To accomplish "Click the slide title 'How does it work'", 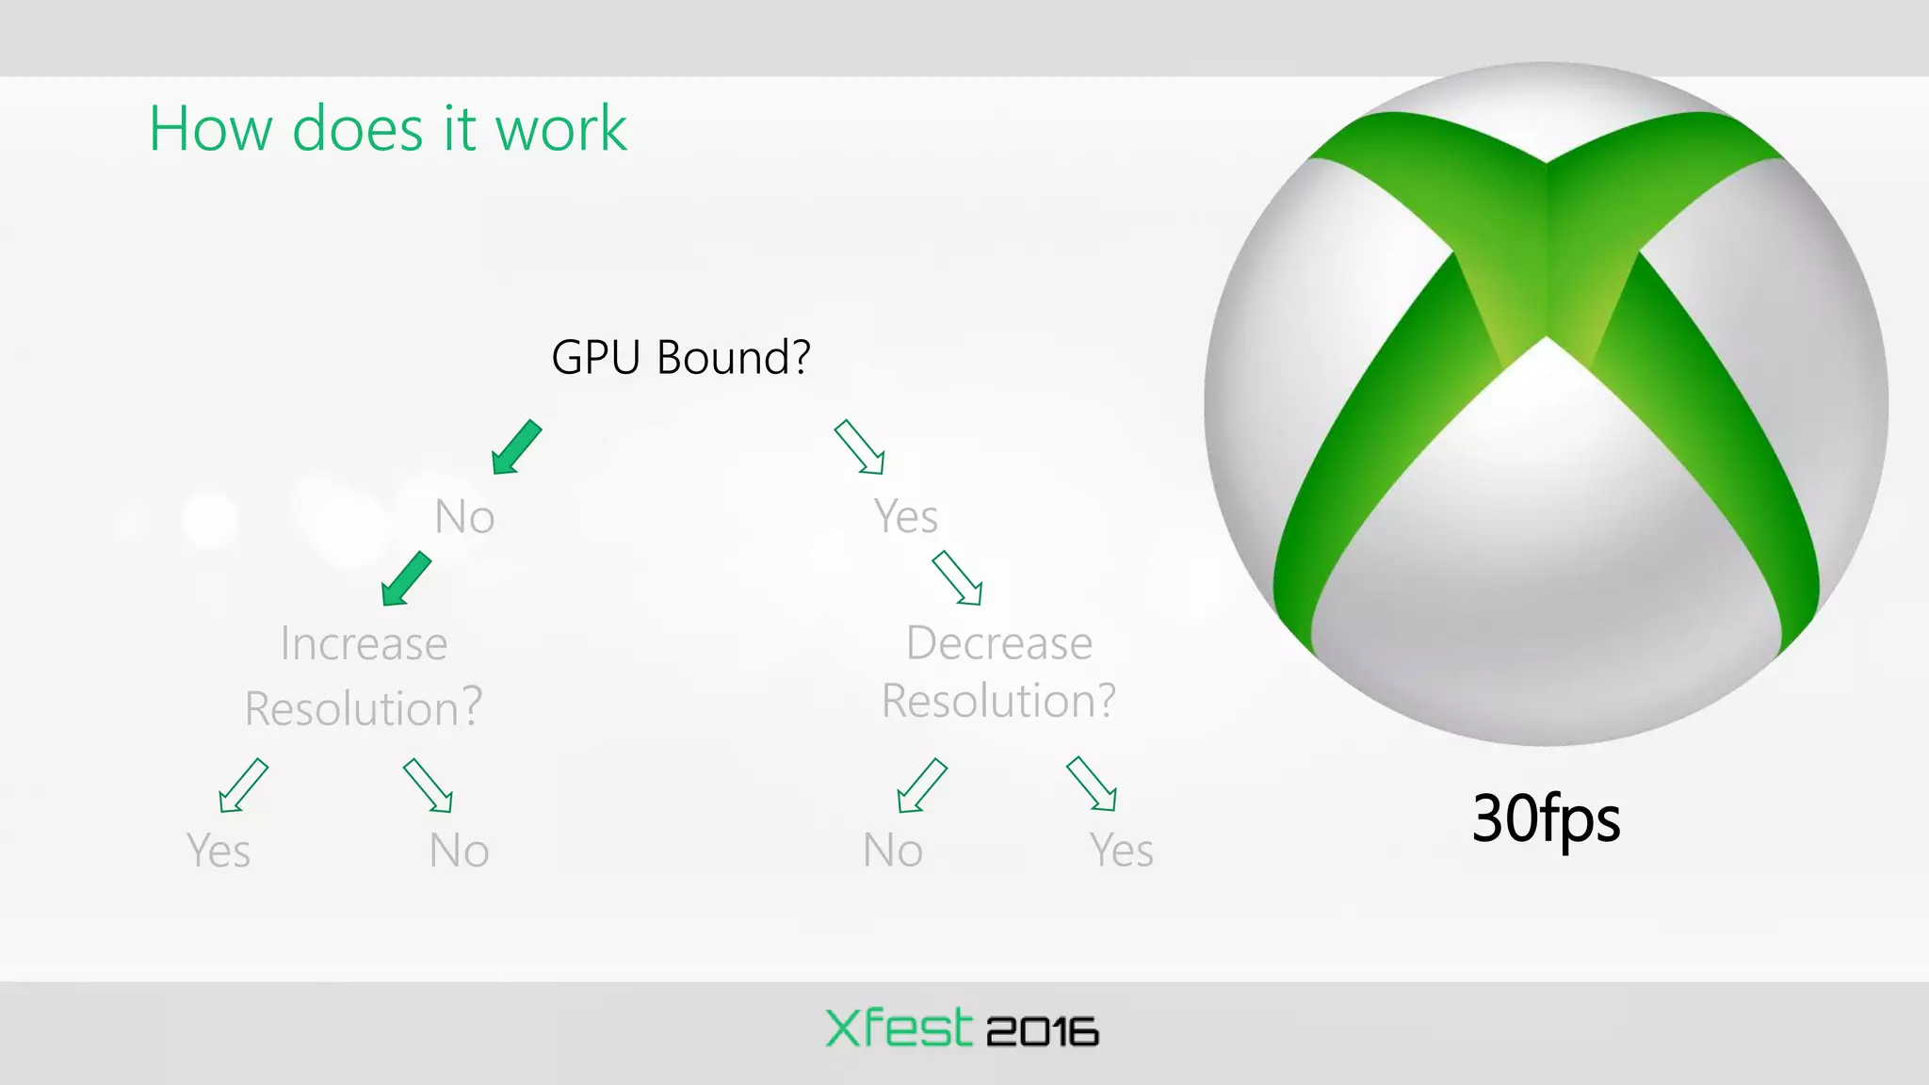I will [x=387, y=129].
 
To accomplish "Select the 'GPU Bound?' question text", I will [x=680, y=358].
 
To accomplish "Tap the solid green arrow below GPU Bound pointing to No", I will [x=516, y=447].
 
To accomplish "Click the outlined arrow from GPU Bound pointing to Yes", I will [x=859, y=447].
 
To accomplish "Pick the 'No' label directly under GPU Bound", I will [x=464, y=517].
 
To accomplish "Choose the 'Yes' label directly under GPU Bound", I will [x=905, y=517].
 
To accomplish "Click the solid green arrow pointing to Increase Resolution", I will [x=406, y=578].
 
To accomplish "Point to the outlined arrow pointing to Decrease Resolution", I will [x=957, y=577].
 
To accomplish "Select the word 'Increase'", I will [x=364, y=644].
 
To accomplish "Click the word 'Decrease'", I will [x=999, y=643].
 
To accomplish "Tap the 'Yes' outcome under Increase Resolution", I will [x=219, y=850].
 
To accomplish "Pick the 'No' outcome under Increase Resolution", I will [x=459, y=850].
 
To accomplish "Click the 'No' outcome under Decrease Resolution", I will [x=893, y=850].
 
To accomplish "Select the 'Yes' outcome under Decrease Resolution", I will [x=1121, y=850].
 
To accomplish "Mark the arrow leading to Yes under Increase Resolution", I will [x=243, y=785].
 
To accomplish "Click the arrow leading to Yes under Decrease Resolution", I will [x=1092, y=784].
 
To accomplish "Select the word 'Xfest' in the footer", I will [x=899, y=1028].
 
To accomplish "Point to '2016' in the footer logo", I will [x=1043, y=1032].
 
